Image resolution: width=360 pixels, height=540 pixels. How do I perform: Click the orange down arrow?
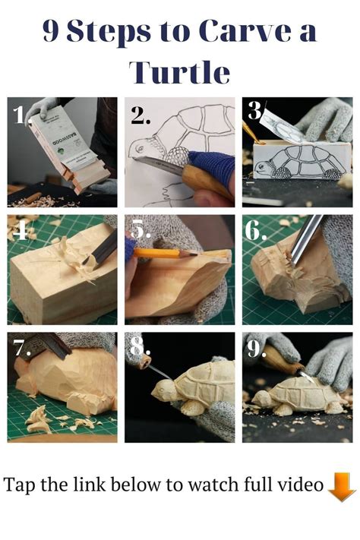(341, 487)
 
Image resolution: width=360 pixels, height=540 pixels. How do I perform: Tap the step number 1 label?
(21, 114)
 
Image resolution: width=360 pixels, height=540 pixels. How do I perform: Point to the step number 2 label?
(141, 115)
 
